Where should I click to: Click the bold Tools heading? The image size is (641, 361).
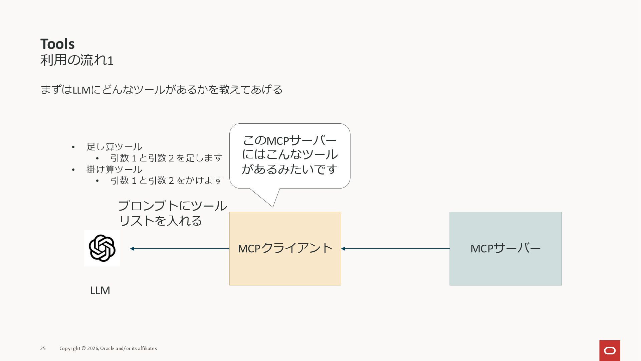(x=57, y=44)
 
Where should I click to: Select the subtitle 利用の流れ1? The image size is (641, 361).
(x=77, y=61)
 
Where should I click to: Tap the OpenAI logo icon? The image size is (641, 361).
(x=102, y=248)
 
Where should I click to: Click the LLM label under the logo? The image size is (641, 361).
(x=100, y=290)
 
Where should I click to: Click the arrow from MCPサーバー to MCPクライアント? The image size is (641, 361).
(x=395, y=249)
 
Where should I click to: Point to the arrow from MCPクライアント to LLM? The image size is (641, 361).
(x=180, y=249)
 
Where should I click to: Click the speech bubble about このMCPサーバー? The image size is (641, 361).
(x=289, y=155)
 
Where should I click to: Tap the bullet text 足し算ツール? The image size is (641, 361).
(x=114, y=147)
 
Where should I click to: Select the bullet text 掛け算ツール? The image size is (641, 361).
(x=114, y=169)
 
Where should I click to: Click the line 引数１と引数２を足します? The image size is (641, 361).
(x=166, y=158)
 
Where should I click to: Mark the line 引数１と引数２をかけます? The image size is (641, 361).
(x=166, y=180)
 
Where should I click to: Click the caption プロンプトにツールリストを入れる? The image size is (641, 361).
(x=172, y=213)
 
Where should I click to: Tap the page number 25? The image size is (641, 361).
(x=43, y=348)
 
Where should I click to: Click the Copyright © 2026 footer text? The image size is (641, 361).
(x=108, y=348)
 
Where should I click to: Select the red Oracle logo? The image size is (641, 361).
(x=610, y=351)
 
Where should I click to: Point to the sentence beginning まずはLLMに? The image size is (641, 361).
(x=161, y=90)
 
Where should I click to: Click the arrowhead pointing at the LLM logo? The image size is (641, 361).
(x=132, y=249)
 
